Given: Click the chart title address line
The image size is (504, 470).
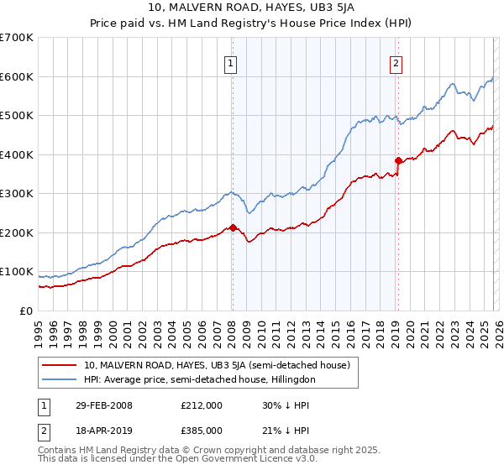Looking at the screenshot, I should click(x=251, y=8).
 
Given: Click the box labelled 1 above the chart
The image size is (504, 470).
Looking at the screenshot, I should click(x=229, y=61).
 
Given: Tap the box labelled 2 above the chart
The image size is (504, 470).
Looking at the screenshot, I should click(x=395, y=61).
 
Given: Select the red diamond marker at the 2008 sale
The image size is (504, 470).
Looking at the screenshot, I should click(x=233, y=227).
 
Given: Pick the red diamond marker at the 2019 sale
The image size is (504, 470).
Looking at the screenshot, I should click(x=398, y=160).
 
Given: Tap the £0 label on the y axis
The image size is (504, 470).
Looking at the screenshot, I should click(x=25, y=311).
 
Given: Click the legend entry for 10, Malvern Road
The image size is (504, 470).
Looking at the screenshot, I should click(x=222, y=365).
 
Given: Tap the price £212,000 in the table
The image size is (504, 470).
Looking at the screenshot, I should click(x=201, y=405).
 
